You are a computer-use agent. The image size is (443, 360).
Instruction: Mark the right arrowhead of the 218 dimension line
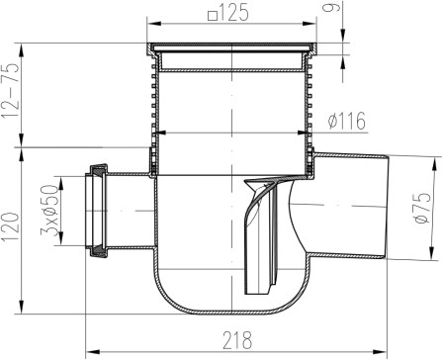pyautogui.click(x=387, y=349)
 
